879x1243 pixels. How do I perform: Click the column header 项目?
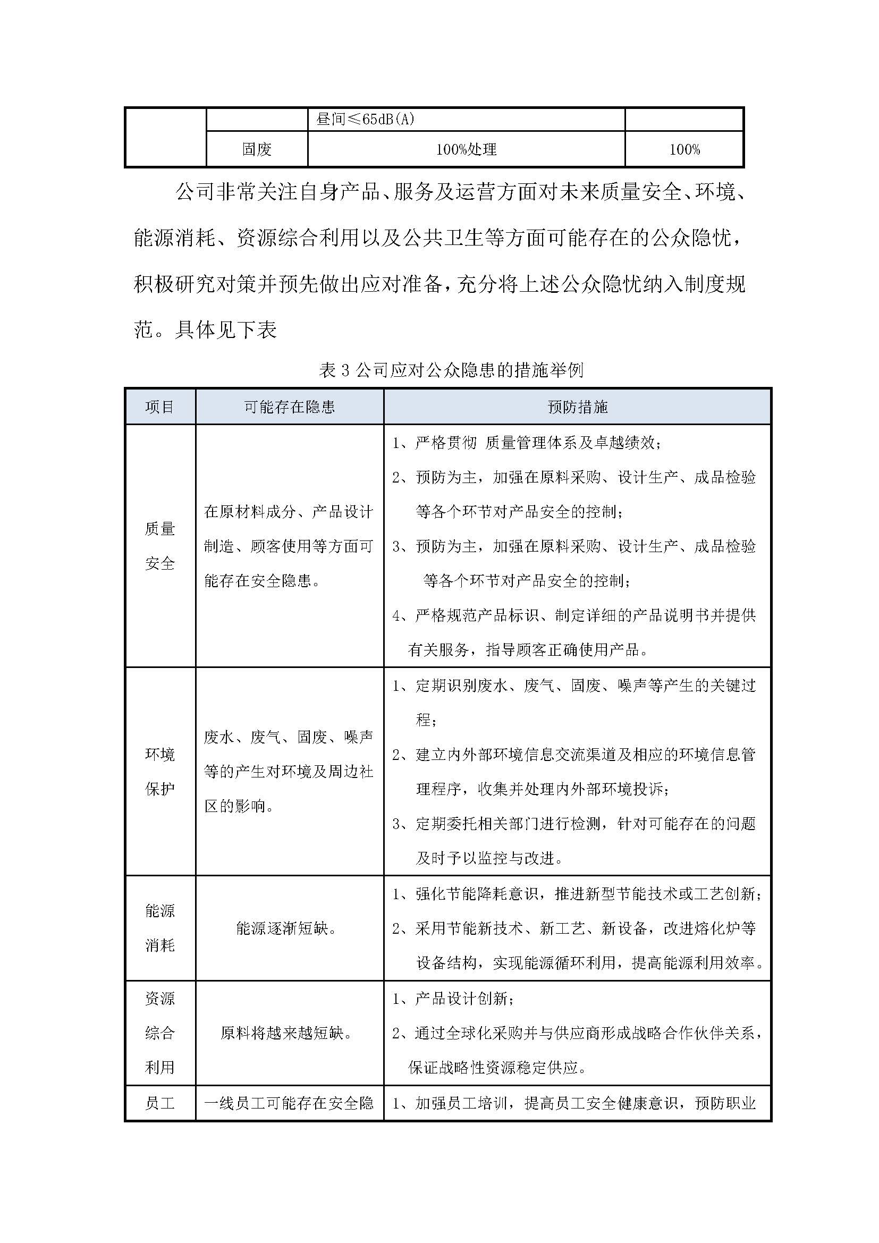[159, 407]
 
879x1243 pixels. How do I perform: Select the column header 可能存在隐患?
[290, 407]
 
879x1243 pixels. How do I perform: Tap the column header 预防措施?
[578, 407]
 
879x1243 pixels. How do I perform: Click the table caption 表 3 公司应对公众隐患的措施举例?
[451, 370]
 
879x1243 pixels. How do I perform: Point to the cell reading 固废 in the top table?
[257, 149]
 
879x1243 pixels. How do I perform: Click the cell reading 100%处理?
[466, 149]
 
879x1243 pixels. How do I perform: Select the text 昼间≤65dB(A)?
[365, 119]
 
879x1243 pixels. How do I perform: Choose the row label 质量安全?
[159, 546]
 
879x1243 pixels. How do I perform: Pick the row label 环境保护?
[159, 772]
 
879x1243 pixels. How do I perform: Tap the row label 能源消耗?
[159, 928]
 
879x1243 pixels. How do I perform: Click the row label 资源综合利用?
[159, 1033]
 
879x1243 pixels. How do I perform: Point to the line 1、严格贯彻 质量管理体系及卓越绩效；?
[527, 443]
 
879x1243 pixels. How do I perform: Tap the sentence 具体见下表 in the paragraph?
[226, 329]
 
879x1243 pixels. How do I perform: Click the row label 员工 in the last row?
[159, 1103]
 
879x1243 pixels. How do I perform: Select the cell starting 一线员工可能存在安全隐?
[289, 1103]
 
